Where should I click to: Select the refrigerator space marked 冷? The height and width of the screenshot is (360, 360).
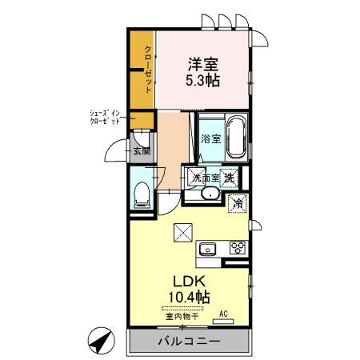click(237, 203)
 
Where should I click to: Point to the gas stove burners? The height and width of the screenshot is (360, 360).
click(237, 248)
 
